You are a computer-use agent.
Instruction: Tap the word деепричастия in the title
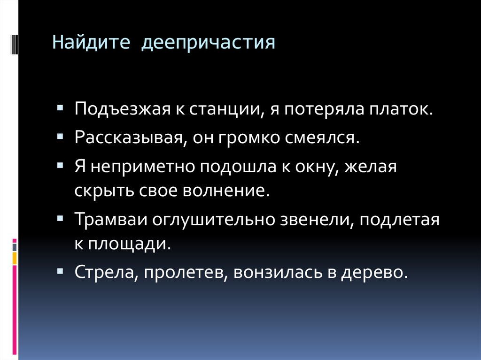[x=209, y=45]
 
